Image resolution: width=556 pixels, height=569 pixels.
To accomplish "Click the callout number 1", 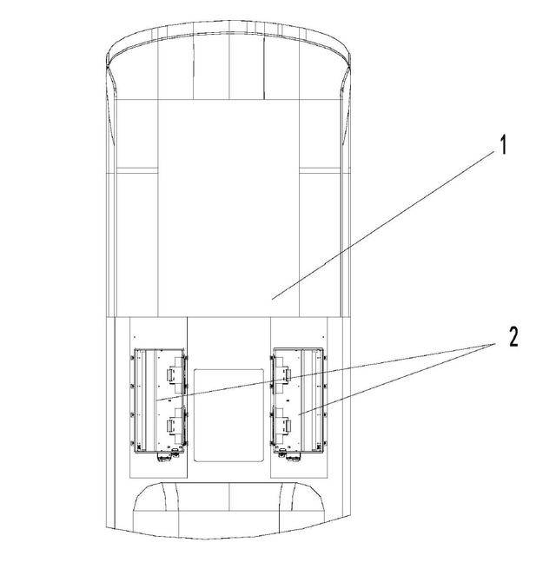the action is coord(503,145).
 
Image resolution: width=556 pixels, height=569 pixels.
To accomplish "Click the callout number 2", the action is coord(513,337).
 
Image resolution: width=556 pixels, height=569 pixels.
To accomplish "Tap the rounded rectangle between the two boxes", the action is coord(228,415).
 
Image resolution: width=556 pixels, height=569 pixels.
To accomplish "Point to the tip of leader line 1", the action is coord(272,300).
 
